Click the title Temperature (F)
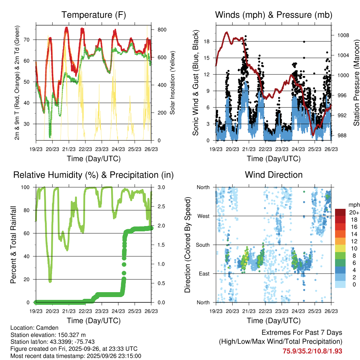[x=94, y=15]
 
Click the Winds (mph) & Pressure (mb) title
[x=274, y=15]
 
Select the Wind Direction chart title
[x=274, y=175]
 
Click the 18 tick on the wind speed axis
[x=206, y=41]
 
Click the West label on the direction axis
[x=203, y=216]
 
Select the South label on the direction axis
[x=202, y=245]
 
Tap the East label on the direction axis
[x=203, y=274]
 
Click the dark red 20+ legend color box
[x=340, y=212]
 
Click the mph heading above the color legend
[x=354, y=205]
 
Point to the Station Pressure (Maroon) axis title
[x=356, y=83]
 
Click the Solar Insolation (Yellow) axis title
[x=173, y=83]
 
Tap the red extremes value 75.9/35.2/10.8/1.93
[x=312, y=351]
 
